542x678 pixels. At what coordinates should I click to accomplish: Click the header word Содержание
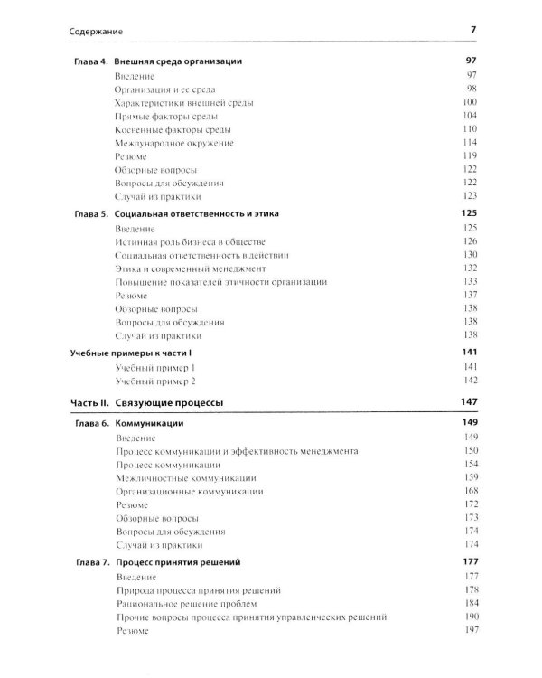coord(97,33)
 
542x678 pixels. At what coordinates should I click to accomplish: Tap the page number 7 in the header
coord(472,32)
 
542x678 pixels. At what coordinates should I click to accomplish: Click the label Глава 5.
coord(90,214)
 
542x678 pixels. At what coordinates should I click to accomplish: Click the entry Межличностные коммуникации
coord(185,477)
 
